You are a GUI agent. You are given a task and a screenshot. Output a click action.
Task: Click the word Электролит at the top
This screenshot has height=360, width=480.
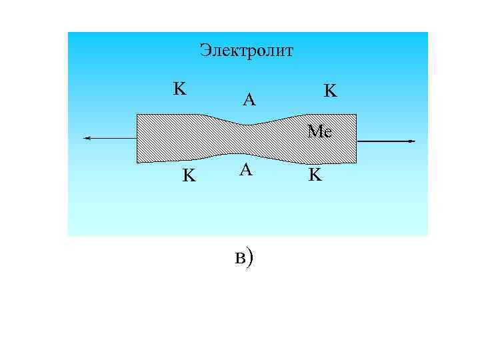tap(246, 51)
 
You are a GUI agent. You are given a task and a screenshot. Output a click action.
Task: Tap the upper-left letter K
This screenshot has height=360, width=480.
tap(179, 89)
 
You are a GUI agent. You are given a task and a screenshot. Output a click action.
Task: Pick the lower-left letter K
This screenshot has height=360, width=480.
tap(189, 176)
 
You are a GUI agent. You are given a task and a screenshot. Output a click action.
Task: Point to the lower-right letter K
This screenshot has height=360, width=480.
tap(315, 176)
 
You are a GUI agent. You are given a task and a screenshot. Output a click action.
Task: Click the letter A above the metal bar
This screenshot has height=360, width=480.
tap(249, 101)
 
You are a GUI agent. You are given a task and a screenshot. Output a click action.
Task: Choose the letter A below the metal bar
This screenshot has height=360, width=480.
tap(246, 171)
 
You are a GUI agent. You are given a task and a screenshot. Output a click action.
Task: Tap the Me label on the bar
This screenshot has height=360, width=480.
tap(320, 131)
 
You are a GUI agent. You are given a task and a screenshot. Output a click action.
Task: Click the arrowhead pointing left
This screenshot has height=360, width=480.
tap(87, 138)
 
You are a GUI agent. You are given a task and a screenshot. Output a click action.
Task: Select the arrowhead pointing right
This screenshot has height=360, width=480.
tap(411, 141)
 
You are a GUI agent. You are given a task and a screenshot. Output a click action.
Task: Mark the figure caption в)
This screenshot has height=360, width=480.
tap(244, 257)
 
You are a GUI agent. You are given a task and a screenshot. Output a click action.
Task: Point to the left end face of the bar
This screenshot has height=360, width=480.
tap(137, 138)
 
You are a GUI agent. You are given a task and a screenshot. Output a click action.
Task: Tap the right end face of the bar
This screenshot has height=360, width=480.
tap(356, 139)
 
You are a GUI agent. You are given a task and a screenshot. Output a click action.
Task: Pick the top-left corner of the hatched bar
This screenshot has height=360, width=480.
tap(138, 115)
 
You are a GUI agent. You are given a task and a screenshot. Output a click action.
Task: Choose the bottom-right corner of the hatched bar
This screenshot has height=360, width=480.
tap(355, 162)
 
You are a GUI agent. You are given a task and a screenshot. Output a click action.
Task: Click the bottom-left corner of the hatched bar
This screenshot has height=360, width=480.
tap(138, 162)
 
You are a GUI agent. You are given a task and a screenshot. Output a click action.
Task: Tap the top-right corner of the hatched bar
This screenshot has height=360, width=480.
tap(355, 115)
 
